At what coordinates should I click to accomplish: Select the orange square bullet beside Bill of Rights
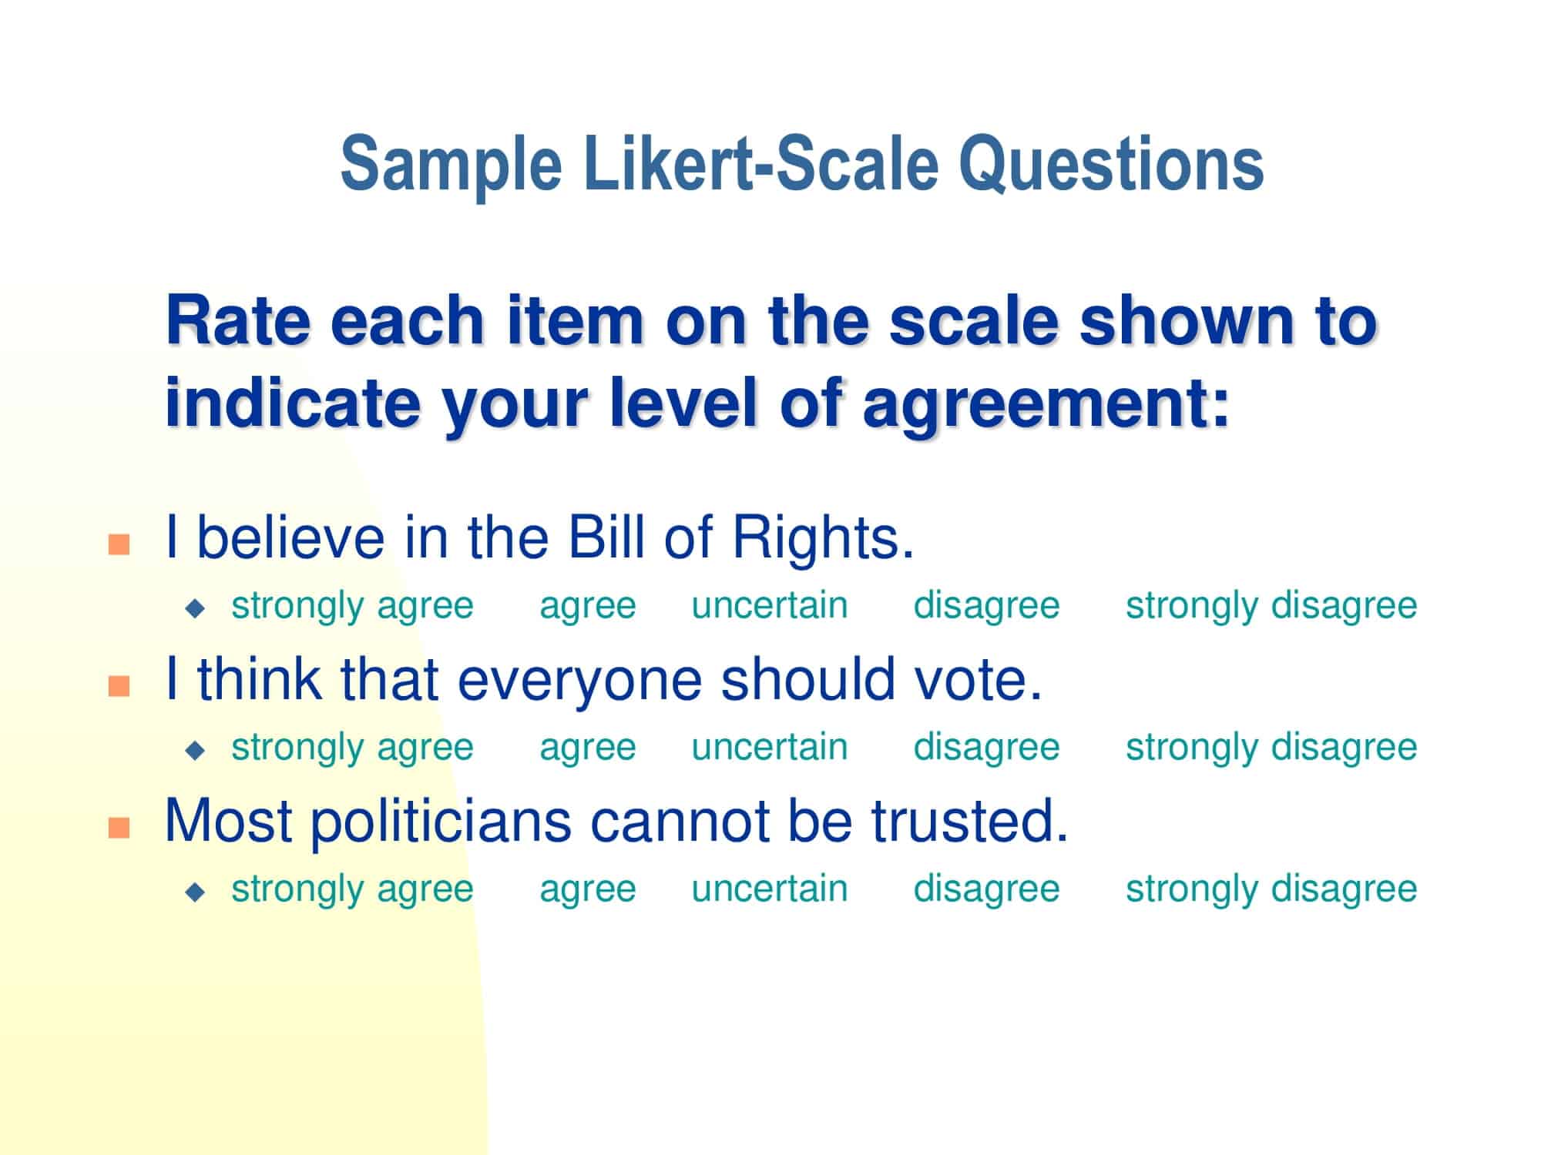[x=119, y=544]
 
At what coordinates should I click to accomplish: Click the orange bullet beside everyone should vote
[x=119, y=685]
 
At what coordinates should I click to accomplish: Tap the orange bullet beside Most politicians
[x=119, y=828]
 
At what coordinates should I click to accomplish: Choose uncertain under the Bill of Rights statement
[x=769, y=605]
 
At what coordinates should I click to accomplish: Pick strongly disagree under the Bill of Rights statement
[x=1271, y=605]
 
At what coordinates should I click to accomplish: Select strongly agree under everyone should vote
[x=352, y=748]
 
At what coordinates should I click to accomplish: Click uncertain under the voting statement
[x=769, y=748]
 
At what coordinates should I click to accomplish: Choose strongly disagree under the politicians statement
[x=1271, y=889]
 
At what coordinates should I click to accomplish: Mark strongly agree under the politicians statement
[x=352, y=889]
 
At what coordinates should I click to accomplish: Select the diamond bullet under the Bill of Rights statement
[x=196, y=608]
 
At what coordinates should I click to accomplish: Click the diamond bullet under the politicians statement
[x=196, y=892]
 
